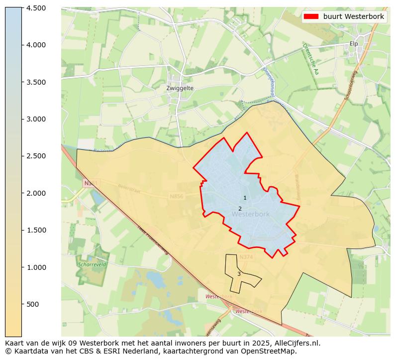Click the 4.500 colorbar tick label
click(36, 8)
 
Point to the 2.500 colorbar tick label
click(36, 156)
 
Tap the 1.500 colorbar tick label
click(36, 230)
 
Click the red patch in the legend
click(311, 16)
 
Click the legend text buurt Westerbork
click(353, 16)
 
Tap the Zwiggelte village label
click(180, 88)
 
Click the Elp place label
click(354, 44)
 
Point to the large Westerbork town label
click(250, 214)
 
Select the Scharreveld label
click(89, 264)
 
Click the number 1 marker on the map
click(245, 198)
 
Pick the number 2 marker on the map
click(240, 209)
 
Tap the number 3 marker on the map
click(239, 274)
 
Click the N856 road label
click(176, 197)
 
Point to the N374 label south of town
click(246, 257)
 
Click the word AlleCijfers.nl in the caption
click(297, 343)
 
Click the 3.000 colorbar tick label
click(36, 119)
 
